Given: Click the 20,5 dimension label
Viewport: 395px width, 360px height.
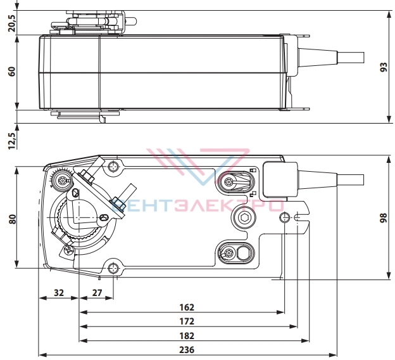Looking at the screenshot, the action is (x=12, y=23).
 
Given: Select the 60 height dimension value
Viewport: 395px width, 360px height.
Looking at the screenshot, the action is (x=12, y=72).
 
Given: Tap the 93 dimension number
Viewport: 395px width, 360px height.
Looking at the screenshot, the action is (x=384, y=67).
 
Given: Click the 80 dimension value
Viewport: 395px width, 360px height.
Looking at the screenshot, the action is (x=12, y=219).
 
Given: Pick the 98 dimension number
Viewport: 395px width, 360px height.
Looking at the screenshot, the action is (x=383, y=218).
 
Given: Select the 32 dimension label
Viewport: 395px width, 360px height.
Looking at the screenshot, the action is (x=59, y=293).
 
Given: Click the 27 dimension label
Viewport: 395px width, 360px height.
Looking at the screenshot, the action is (x=97, y=293).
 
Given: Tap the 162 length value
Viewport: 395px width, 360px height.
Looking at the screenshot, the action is (x=187, y=307).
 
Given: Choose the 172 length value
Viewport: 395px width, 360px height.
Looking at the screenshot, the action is (x=187, y=321).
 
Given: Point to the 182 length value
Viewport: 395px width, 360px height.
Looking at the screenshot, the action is (x=187, y=336).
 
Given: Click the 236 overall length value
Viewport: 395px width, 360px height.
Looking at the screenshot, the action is (x=187, y=350).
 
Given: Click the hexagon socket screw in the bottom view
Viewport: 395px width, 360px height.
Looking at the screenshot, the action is (x=244, y=217).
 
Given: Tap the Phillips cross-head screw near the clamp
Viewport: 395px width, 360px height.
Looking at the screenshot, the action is (x=68, y=250).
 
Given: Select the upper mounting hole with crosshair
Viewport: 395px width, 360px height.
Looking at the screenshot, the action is (x=113, y=166).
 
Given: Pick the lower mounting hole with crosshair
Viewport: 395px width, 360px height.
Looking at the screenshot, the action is (x=113, y=269).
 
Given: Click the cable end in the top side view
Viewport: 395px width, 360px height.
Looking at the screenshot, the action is (x=351, y=58).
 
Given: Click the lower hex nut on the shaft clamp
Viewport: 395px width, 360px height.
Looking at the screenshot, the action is (x=118, y=203).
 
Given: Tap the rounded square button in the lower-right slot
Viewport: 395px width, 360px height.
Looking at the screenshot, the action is (x=243, y=254).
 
